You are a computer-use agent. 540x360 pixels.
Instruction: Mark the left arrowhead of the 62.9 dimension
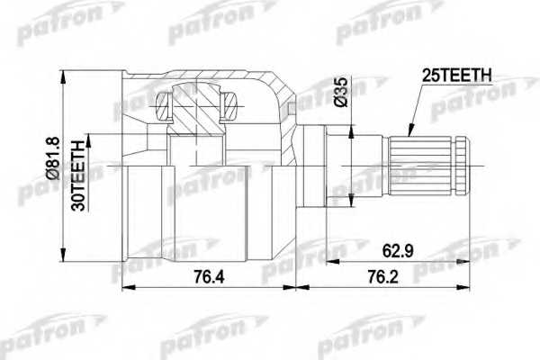328,262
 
